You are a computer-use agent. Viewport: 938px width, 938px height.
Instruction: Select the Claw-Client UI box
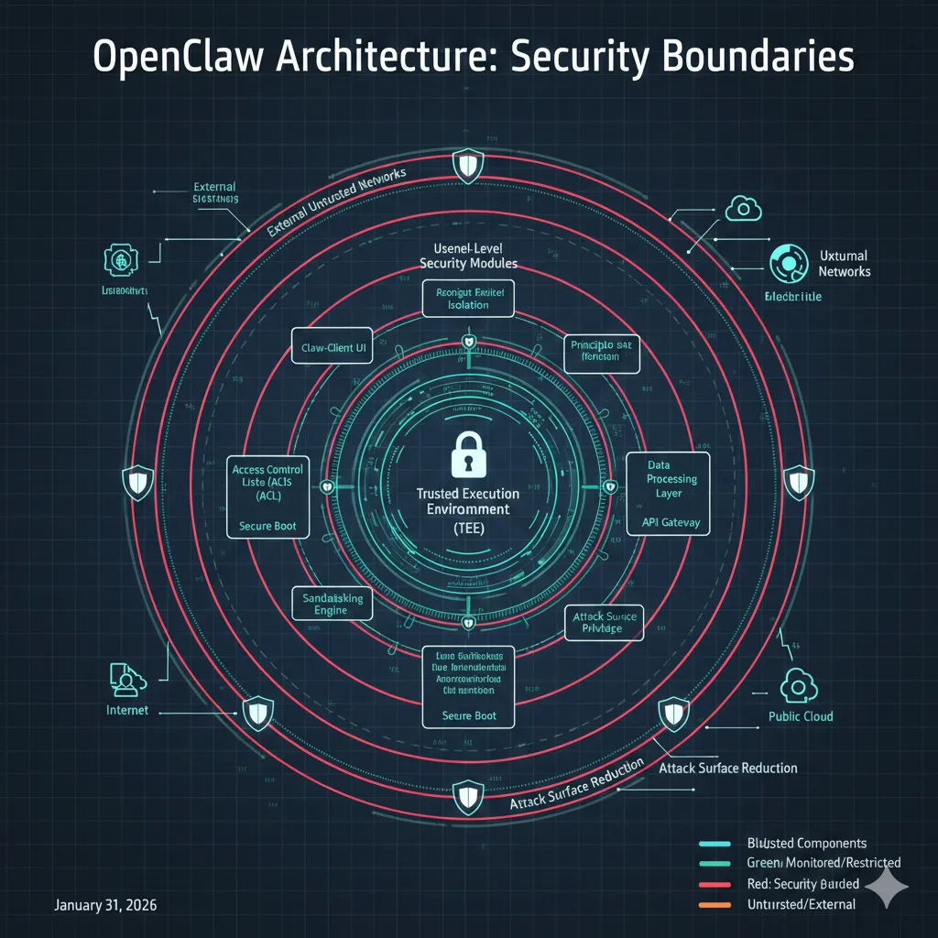point(332,348)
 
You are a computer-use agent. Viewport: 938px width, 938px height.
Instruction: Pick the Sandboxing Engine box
point(333,604)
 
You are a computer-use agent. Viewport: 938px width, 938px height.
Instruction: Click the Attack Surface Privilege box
point(603,623)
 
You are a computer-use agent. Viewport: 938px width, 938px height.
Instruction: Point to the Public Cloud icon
point(794,685)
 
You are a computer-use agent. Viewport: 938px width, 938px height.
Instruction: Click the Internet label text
point(127,710)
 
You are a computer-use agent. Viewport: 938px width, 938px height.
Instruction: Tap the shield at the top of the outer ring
point(468,166)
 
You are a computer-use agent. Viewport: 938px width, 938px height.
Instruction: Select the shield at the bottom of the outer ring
point(468,793)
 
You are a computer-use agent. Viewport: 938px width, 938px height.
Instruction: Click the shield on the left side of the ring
point(137,482)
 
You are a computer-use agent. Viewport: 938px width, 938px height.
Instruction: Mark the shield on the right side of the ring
point(799,479)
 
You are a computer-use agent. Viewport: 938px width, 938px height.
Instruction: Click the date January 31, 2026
point(105,905)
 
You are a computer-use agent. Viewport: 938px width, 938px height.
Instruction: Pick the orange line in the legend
point(714,904)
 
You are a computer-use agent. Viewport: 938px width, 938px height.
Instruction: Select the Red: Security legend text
point(803,883)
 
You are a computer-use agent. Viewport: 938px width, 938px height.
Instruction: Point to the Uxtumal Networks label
point(844,264)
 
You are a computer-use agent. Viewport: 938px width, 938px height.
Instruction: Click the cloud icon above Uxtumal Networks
point(744,210)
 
